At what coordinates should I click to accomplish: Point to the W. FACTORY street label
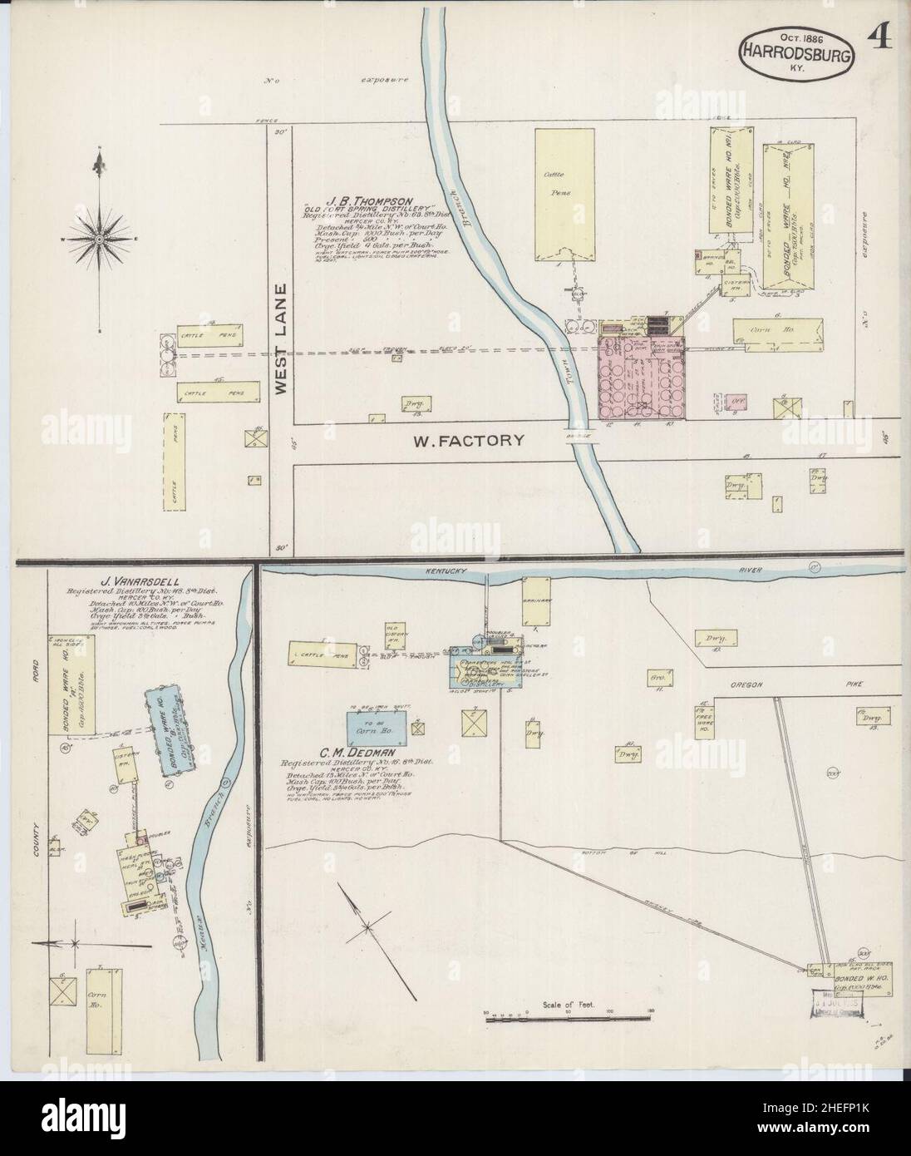click(470, 440)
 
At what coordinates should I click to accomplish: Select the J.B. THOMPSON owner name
click(360, 201)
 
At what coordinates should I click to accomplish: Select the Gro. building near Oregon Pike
click(653, 679)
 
